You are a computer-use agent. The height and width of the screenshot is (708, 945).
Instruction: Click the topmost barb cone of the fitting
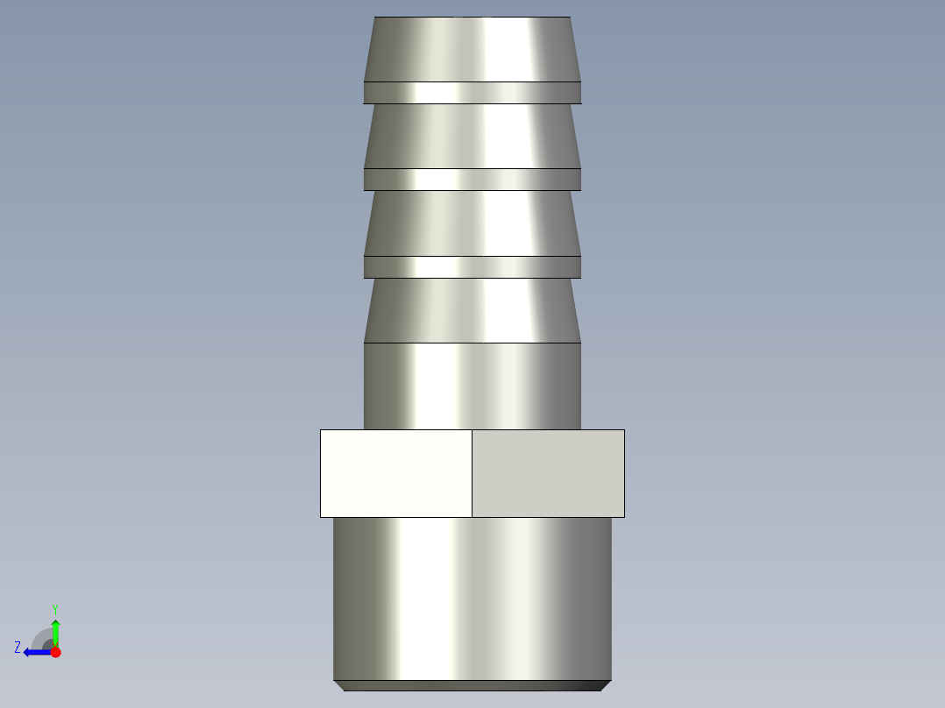point(472,49)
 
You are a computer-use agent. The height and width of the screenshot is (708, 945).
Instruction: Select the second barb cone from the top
point(472,136)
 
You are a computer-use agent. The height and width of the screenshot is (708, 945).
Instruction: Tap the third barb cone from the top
point(472,223)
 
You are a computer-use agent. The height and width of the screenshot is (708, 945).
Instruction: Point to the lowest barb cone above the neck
point(472,310)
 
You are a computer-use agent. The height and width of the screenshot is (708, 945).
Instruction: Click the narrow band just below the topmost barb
point(472,93)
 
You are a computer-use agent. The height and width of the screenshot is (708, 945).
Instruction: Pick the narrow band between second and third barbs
point(472,180)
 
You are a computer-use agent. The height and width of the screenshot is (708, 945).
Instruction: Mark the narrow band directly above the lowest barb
point(472,267)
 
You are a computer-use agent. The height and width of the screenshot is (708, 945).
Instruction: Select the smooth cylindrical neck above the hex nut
point(472,386)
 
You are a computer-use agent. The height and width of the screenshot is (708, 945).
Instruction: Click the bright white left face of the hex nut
point(395,473)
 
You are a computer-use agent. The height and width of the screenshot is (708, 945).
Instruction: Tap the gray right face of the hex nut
point(548,473)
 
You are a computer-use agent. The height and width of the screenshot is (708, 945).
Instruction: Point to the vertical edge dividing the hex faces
point(472,473)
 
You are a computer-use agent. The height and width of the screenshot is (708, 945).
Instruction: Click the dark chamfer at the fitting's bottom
point(472,685)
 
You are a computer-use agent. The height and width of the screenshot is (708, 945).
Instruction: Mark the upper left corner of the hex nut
point(321,430)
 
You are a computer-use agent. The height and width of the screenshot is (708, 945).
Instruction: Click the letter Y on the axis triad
point(54,608)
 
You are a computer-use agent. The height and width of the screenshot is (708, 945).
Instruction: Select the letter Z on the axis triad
point(18,647)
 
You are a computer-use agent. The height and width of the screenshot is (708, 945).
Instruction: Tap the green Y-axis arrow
point(55,629)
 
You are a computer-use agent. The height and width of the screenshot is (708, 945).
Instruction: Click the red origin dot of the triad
point(55,652)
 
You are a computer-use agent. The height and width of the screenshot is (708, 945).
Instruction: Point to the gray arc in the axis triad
point(40,635)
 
